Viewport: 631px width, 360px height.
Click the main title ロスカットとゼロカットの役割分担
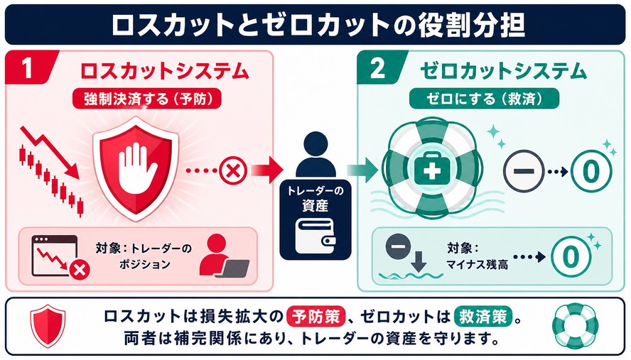click(318, 25)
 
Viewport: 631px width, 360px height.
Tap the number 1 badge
click(28, 67)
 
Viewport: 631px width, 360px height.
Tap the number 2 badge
click(378, 67)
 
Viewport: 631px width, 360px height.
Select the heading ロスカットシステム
click(165, 71)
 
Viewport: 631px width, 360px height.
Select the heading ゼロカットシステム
click(503, 71)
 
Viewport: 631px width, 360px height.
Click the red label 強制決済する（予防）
click(147, 99)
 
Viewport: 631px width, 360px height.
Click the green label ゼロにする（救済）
click(484, 99)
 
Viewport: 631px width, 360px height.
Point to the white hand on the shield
click(137, 168)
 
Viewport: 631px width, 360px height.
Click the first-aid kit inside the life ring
click(432, 169)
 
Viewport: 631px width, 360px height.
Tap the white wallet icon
click(315, 236)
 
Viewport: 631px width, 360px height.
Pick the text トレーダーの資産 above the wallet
click(315, 198)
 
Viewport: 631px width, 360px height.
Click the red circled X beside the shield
click(233, 170)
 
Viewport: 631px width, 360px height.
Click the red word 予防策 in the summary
click(316, 317)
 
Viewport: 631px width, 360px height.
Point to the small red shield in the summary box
click(48, 325)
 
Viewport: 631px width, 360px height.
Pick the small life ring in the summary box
click(575, 325)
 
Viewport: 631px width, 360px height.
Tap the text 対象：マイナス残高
click(477, 256)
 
